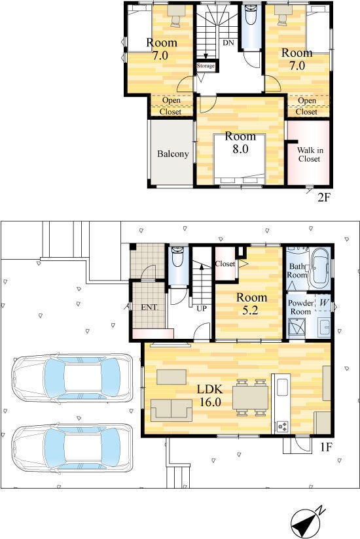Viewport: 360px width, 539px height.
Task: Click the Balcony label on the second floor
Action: pos(173,154)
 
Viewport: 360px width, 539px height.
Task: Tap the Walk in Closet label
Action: pos(310,154)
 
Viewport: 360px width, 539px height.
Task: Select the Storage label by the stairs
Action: pos(206,65)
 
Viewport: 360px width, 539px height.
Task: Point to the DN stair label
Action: pos(228,43)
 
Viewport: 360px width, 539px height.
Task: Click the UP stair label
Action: pos(202,308)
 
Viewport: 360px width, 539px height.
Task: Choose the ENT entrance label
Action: pos(149,307)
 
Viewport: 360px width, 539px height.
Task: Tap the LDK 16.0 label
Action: pos(209,395)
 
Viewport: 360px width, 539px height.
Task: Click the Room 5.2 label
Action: pos(251,304)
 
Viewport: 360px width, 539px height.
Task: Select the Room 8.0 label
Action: pos(240,143)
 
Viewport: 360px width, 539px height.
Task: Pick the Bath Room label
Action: pos(297,271)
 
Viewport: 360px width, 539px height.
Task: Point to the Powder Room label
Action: pos(300,307)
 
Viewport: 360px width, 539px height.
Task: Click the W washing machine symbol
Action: pos(323,303)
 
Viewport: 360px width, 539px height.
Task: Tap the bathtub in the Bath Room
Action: pos(320,268)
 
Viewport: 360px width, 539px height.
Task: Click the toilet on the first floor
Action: pos(178,257)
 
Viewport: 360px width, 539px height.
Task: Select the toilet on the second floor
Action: pos(251,15)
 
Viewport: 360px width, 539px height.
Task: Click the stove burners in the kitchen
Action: pos(283,426)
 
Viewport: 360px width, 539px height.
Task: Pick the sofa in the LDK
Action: pos(171,410)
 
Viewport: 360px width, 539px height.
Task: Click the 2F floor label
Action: pos(324,198)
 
